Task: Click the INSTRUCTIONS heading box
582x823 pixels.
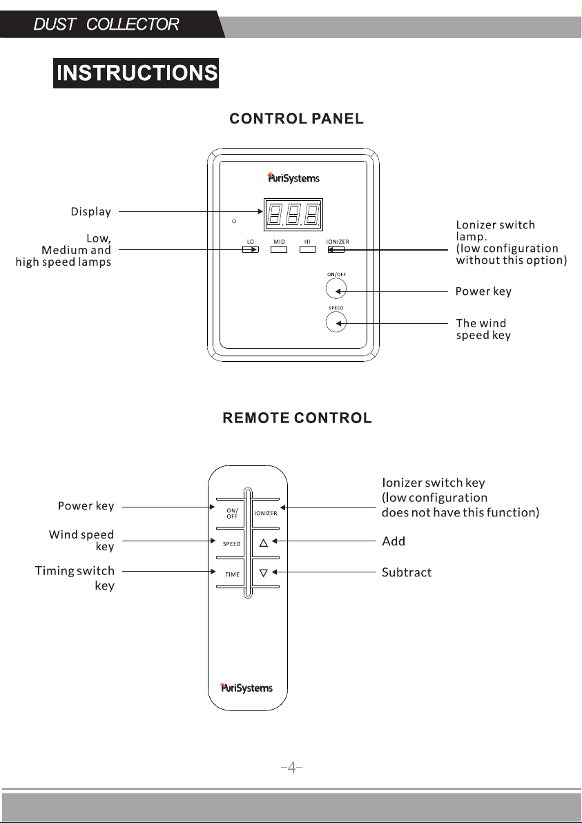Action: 136,73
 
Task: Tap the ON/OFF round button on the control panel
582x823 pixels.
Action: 336,289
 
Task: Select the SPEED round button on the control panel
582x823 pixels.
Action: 336,322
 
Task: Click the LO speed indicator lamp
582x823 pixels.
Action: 251,249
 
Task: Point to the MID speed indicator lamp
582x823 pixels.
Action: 279,249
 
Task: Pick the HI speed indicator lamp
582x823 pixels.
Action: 307,249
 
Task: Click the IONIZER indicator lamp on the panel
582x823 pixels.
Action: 336,249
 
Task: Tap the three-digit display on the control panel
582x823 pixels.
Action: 293,215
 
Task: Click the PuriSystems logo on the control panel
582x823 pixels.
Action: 293,177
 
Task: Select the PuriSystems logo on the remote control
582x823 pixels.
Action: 246,687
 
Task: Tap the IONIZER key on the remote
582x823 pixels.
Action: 266,513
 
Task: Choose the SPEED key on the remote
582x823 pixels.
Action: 231,544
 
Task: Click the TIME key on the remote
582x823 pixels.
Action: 232,574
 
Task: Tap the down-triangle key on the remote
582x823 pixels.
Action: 264,573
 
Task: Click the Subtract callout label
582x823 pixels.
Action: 407,572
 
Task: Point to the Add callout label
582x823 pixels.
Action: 394,541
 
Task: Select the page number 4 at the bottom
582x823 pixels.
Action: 292,767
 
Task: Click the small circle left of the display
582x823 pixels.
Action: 234,221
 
